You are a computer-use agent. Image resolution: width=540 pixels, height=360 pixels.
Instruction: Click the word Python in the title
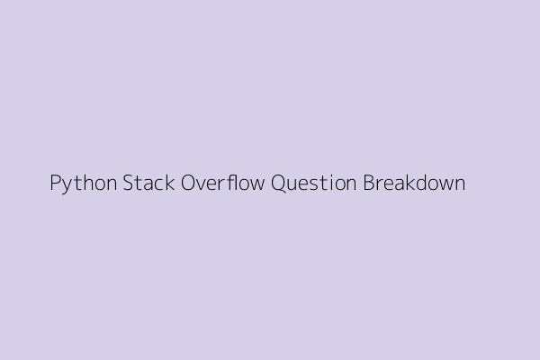[x=84, y=184]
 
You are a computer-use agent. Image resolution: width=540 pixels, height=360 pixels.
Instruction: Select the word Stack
[x=148, y=182]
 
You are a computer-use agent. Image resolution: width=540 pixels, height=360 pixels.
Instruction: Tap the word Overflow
[x=223, y=182]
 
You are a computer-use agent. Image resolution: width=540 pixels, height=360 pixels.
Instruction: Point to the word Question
[x=313, y=183]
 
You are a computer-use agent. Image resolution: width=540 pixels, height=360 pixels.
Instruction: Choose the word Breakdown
[x=414, y=182]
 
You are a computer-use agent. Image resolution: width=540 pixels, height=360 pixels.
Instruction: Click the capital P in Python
[x=56, y=182]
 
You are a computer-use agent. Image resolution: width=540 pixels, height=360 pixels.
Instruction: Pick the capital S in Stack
[x=128, y=183]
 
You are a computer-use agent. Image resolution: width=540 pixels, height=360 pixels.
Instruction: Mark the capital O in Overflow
[x=188, y=183]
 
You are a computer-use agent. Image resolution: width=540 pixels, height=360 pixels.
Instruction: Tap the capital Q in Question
[x=278, y=184]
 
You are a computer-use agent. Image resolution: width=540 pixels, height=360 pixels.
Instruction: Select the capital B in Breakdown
[x=369, y=183]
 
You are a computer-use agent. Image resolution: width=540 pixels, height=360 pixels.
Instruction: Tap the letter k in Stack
[x=169, y=182]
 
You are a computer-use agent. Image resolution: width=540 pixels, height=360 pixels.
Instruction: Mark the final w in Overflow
[x=256, y=184]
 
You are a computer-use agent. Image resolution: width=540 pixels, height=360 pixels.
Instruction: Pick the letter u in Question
[x=293, y=185]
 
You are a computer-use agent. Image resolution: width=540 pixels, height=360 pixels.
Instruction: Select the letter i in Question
[x=332, y=183]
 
